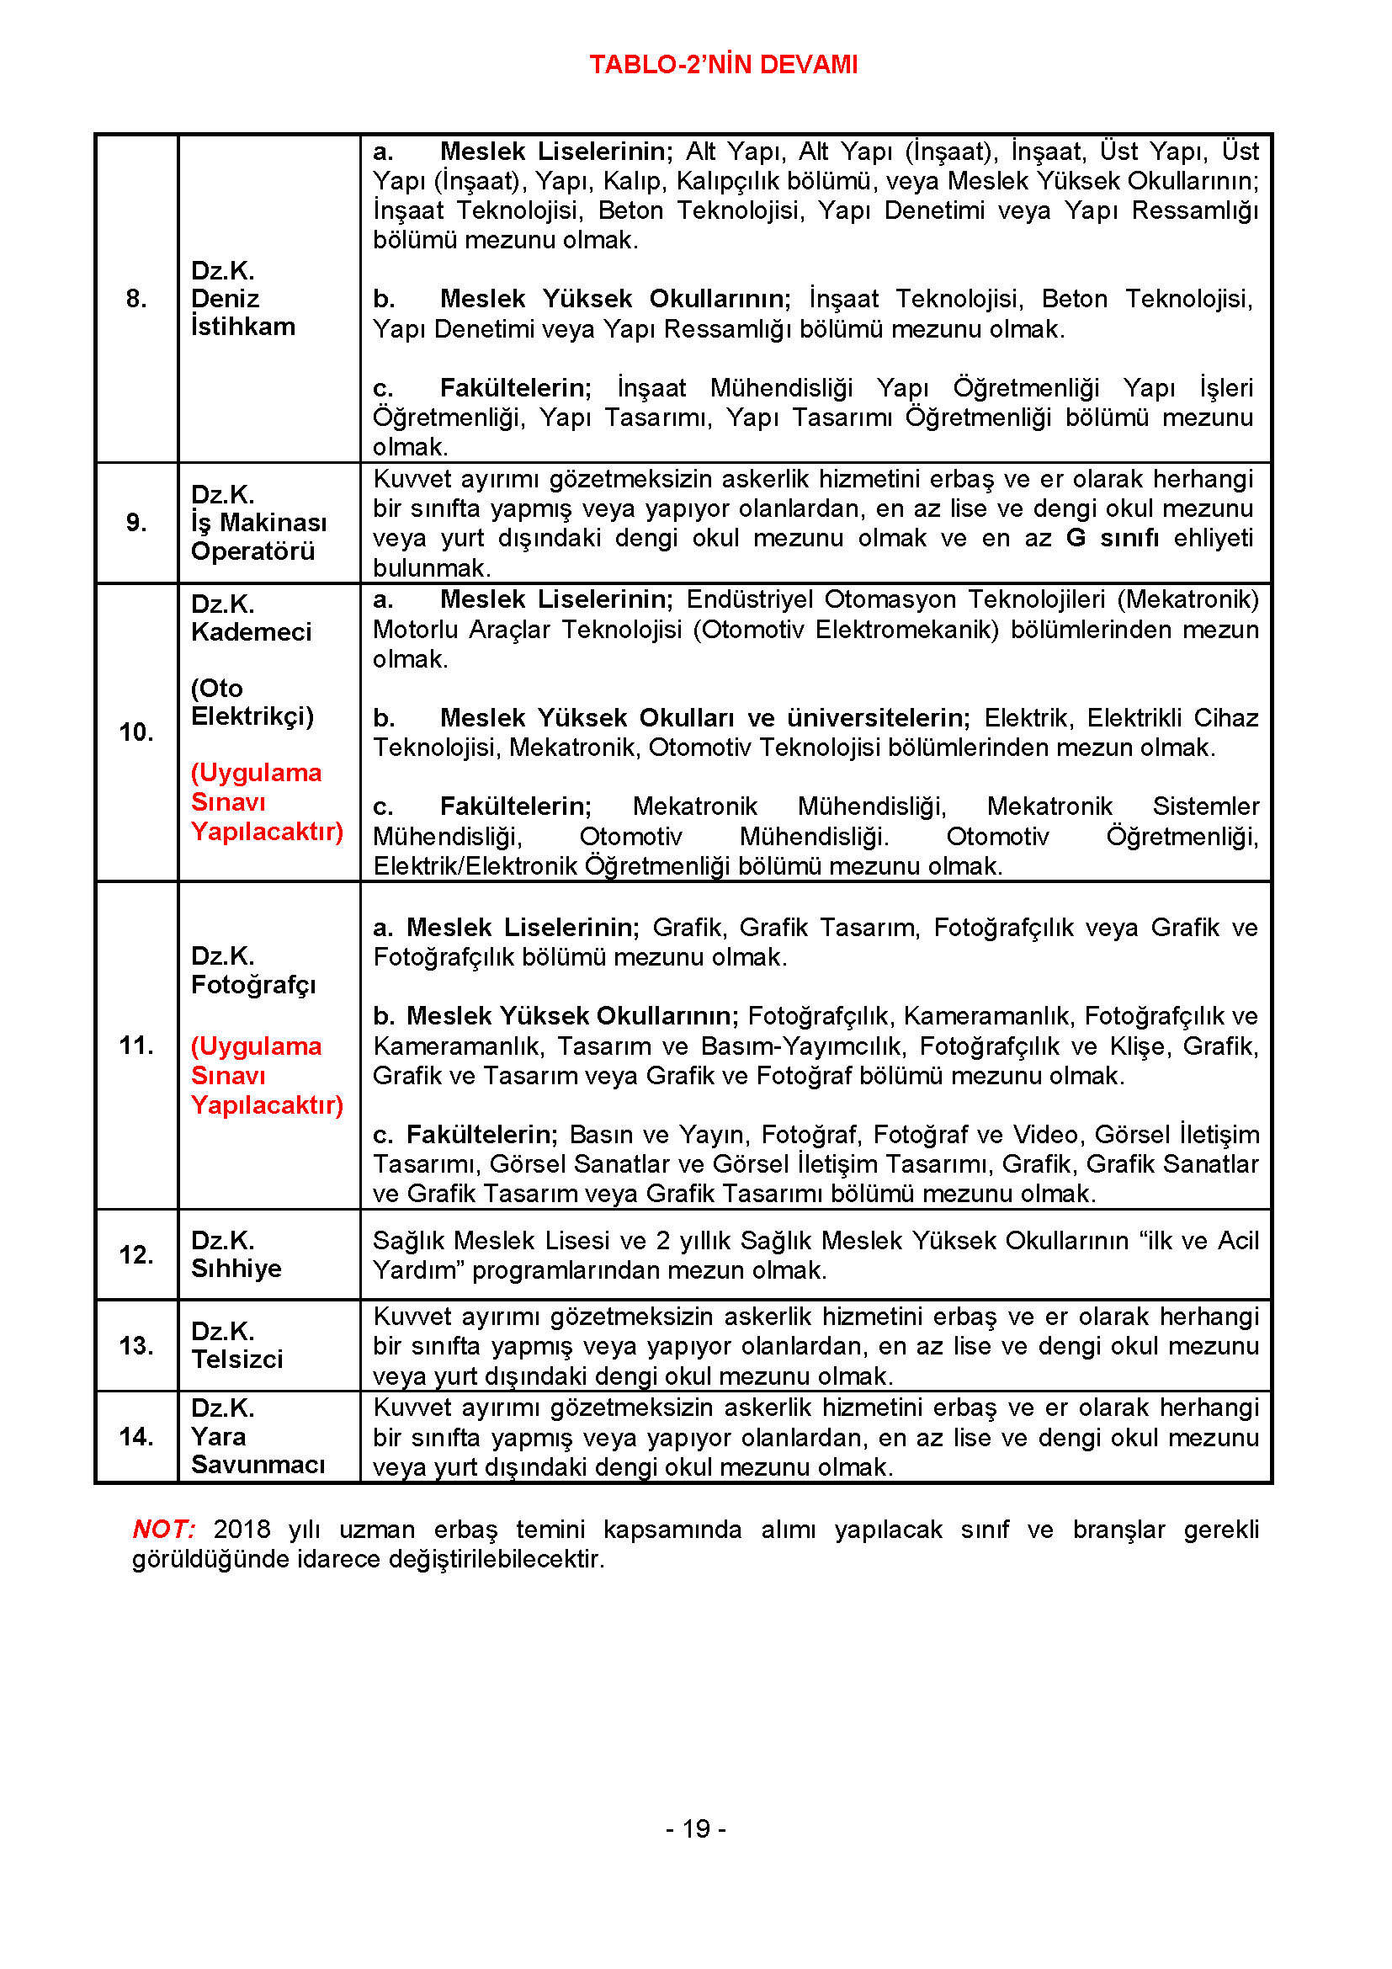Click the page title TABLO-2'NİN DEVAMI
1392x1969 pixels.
point(723,64)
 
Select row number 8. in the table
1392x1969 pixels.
point(136,299)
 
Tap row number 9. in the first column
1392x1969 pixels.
point(136,522)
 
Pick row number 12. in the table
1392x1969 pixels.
point(136,1254)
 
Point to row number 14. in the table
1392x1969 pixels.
point(136,1436)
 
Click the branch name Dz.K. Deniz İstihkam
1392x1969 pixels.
point(242,299)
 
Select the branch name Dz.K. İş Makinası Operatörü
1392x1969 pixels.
point(258,522)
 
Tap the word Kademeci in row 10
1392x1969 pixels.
point(251,632)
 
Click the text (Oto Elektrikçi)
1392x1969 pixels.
point(251,701)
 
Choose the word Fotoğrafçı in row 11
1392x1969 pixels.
point(252,985)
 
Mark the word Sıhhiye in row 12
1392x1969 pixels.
point(236,1269)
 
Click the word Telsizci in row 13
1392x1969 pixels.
point(236,1360)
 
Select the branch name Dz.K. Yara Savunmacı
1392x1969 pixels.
point(258,1436)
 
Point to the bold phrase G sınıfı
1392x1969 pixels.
point(1112,538)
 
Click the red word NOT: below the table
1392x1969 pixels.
point(164,1529)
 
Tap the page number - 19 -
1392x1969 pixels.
point(695,1829)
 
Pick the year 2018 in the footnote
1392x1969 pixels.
point(242,1529)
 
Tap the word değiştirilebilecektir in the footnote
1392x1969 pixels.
point(497,1558)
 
